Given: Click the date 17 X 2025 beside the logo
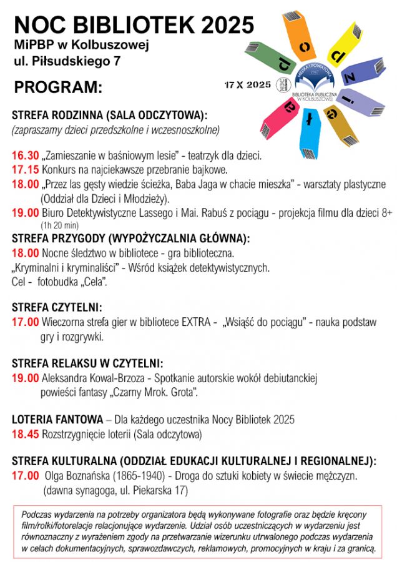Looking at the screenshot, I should (x=248, y=84).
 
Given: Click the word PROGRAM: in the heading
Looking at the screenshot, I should (x=57, y=87).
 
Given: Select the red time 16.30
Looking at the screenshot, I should (x=25, y=155).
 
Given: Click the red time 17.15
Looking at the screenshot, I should (x=25, y=169).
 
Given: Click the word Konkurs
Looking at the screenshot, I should (x=61, y=169).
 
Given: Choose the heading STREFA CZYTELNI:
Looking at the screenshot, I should (x=57, y=308).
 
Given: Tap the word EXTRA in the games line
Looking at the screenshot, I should (x=195, y=323).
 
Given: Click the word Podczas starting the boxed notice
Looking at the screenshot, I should (x=37, y=515).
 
